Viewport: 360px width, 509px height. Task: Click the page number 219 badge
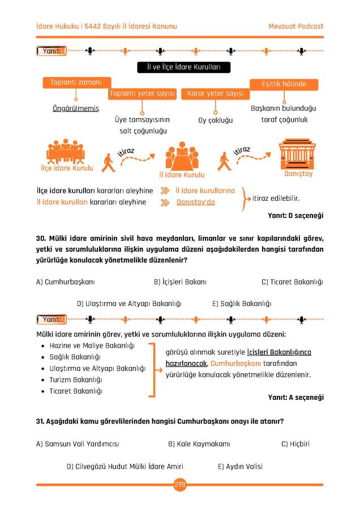point(180,484)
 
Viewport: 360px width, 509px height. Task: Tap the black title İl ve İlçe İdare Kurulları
point(179,68)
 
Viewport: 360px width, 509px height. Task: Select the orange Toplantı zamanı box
point(76,83)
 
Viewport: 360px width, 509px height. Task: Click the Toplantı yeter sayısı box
point(142,93)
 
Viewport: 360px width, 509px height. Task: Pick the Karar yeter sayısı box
point(215,93)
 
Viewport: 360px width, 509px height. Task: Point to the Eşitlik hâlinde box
point(284,84)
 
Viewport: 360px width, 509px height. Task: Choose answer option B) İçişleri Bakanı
point(180,282)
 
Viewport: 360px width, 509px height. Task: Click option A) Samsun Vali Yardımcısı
point(78,444)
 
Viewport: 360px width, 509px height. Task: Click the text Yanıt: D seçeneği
point(295,215)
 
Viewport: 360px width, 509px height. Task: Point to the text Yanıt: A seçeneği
point(295,398)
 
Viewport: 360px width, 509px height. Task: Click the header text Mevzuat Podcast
point(295,27)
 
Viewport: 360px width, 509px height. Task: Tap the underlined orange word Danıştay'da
point(196,202)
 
